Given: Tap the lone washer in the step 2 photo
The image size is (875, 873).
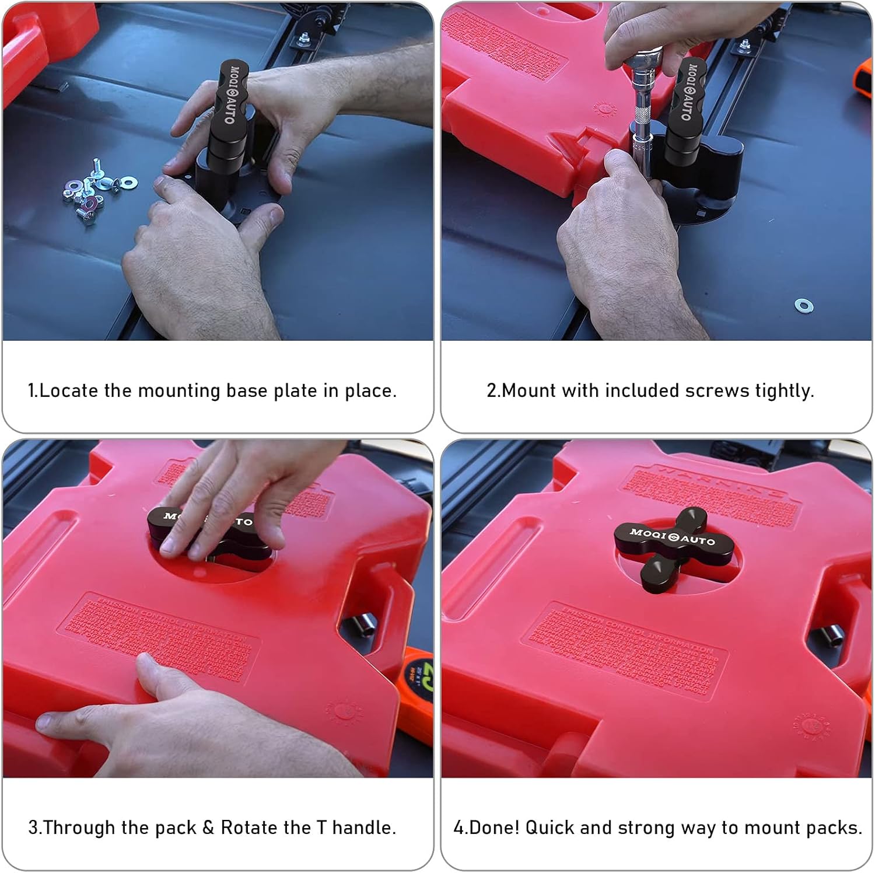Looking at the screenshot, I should point(803,305).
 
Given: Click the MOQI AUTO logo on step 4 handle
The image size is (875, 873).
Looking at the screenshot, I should point(672,537).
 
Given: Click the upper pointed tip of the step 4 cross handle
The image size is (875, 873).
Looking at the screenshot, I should point(692,515).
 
